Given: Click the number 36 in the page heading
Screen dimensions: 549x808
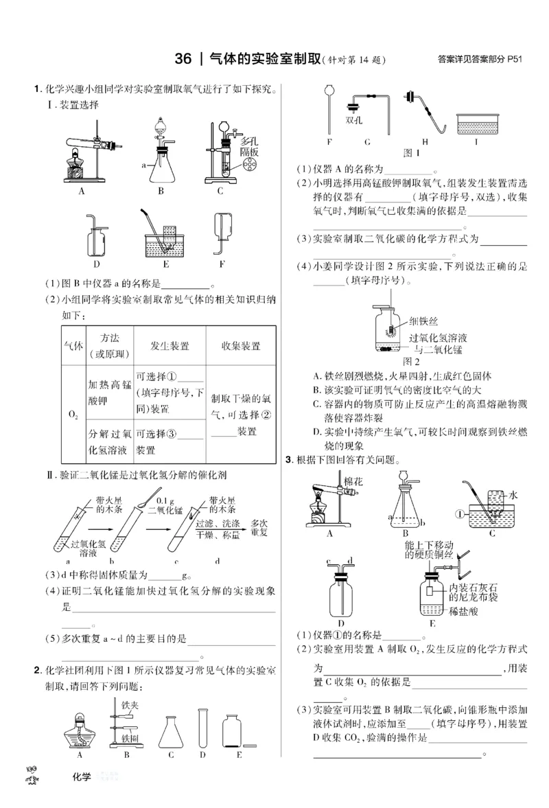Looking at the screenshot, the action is tap(184, 59).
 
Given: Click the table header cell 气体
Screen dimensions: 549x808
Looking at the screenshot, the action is tap(72, 347).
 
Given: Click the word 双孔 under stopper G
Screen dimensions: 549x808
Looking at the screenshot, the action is tap(354, 120).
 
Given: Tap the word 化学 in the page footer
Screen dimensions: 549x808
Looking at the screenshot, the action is tap(81, 776).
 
